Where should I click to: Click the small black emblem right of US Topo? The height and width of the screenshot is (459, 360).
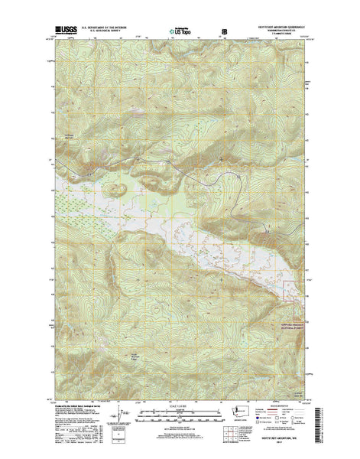tap(225, 32)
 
